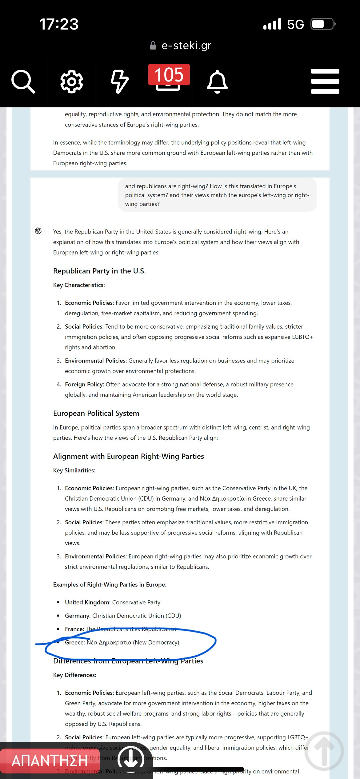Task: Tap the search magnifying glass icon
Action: click(x=23, y=82)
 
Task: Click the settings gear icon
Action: click(x=71, y=82)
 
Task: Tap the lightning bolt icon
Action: click(x=119, y=82)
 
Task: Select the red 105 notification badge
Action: click(x=169, y=75)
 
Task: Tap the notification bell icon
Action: click(x=217, y=82)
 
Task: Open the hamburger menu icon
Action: click(x=325, y=82)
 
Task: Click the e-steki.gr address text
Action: click(x=186, y=46)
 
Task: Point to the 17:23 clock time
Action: click(x=59, y=24)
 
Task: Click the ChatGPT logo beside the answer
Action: click(x=38, y=231)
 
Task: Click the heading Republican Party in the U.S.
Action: click(x=99, y=271)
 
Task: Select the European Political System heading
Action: click(x=96, y=413)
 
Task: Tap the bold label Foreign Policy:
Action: click(x=84, y=384)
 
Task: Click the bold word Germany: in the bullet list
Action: click(x=78, y=616)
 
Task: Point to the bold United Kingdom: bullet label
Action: click(x=87, y=602)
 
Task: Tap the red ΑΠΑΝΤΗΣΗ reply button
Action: click(x=49, y=761)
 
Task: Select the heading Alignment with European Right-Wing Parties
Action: click(x=128, y=456)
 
